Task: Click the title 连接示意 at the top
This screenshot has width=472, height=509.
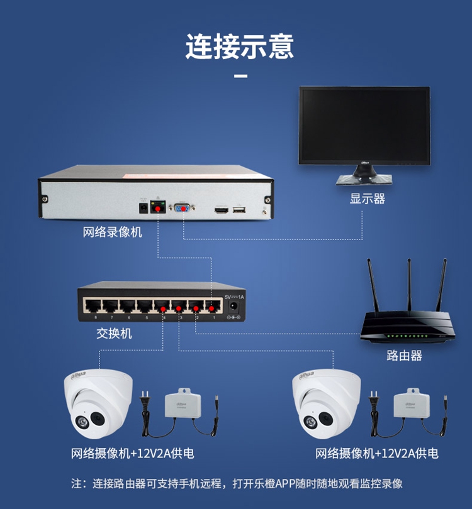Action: coord(239,47)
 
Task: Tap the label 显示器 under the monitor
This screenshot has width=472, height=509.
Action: coord(368,199)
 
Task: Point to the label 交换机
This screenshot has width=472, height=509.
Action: coord(114,334)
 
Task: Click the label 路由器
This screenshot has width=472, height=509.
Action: coord(404,356)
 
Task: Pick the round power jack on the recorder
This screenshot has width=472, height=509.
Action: coord(143,207)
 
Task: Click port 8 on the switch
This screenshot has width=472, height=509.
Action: coord(94,307)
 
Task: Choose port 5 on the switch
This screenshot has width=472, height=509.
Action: coord(145,307)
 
